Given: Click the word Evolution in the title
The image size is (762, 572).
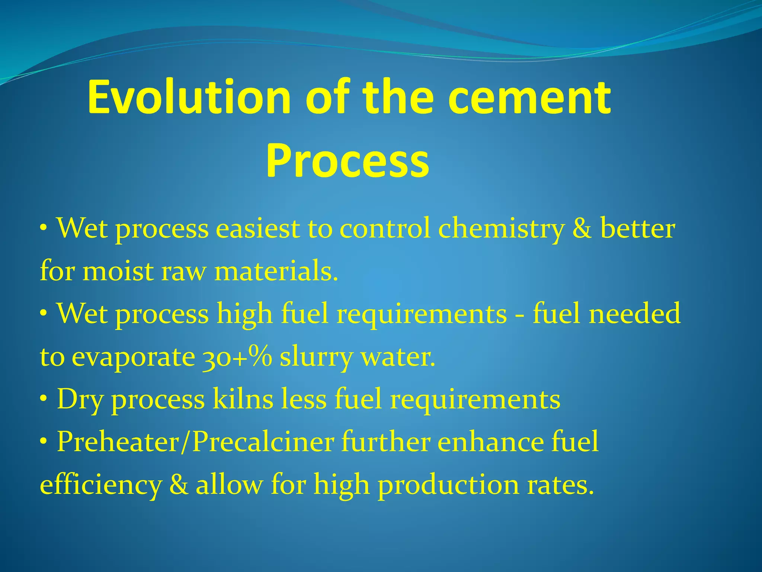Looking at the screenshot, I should (189, 98).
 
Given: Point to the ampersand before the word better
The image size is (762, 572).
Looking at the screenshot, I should (582, 229).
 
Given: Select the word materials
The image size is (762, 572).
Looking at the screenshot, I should (276, 271).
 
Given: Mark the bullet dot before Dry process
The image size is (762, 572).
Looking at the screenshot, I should (44, 399).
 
